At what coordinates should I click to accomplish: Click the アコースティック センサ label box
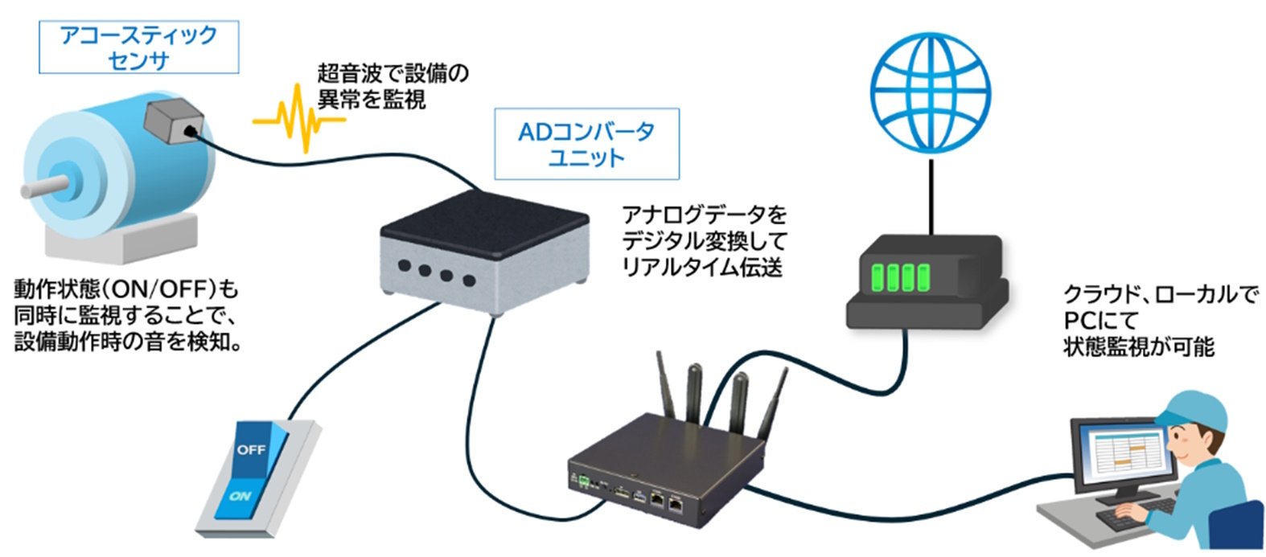click(x=138, y=47)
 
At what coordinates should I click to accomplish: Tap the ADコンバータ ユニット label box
click(x=586, y=144)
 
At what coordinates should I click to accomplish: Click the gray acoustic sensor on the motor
click(x=173, y=122)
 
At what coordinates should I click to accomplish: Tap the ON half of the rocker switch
click(x=240, y=495)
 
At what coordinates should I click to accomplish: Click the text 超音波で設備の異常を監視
click(x=393, y=86)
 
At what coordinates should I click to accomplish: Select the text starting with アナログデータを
click(x=704, y=240)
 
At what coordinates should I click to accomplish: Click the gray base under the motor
click(x=121, y=236)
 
